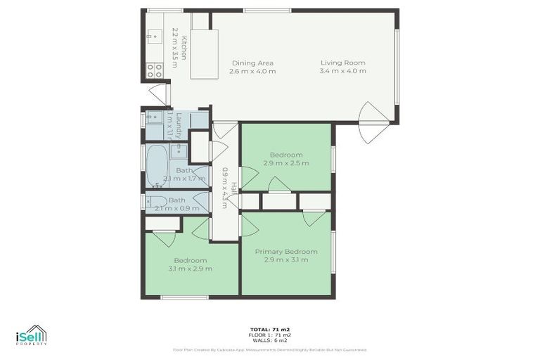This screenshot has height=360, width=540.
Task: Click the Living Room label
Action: [x=342, y=63]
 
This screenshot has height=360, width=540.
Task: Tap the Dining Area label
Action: [x=253, y=63]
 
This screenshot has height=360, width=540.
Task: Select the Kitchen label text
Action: [x=184, y=48]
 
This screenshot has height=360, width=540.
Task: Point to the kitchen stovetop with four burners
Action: [x=154, y=70]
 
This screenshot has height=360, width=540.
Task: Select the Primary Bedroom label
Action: [x=286, y=251]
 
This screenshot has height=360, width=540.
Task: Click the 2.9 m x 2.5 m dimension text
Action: [x=286, y=163]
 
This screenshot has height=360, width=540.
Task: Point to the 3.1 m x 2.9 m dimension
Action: [x=191, y=268]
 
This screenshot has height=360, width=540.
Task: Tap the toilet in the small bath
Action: [x=151, y=202]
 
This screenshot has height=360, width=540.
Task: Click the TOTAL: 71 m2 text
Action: [x=270, y=329]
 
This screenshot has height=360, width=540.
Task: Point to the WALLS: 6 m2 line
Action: [x=270, y=340]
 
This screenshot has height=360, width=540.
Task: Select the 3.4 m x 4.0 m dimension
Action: [x=342, y=71]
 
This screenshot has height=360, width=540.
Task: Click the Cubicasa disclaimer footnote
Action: [x=270, y=349]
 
